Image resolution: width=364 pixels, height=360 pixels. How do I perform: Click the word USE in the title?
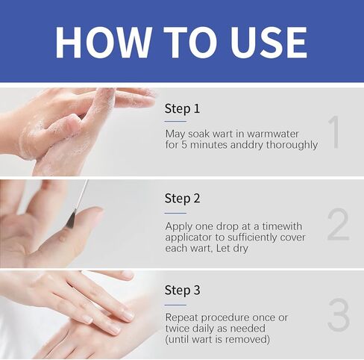(265, 43)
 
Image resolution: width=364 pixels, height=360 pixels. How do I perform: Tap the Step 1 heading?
(182, 109)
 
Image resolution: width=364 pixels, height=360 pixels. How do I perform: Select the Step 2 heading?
(182, 199)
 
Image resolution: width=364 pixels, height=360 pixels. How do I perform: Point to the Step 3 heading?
(182, 291)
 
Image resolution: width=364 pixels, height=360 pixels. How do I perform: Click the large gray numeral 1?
(334, 132)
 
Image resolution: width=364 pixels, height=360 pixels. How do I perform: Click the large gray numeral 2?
(337, 224)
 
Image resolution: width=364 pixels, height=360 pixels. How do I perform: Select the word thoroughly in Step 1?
(290, 145)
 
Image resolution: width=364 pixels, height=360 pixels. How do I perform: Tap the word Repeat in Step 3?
(183, 317)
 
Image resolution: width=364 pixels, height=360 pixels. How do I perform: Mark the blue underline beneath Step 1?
(175, 121)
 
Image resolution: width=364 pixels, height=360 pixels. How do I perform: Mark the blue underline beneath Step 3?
(175, 304)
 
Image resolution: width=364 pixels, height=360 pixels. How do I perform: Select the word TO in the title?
(183, 43)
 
